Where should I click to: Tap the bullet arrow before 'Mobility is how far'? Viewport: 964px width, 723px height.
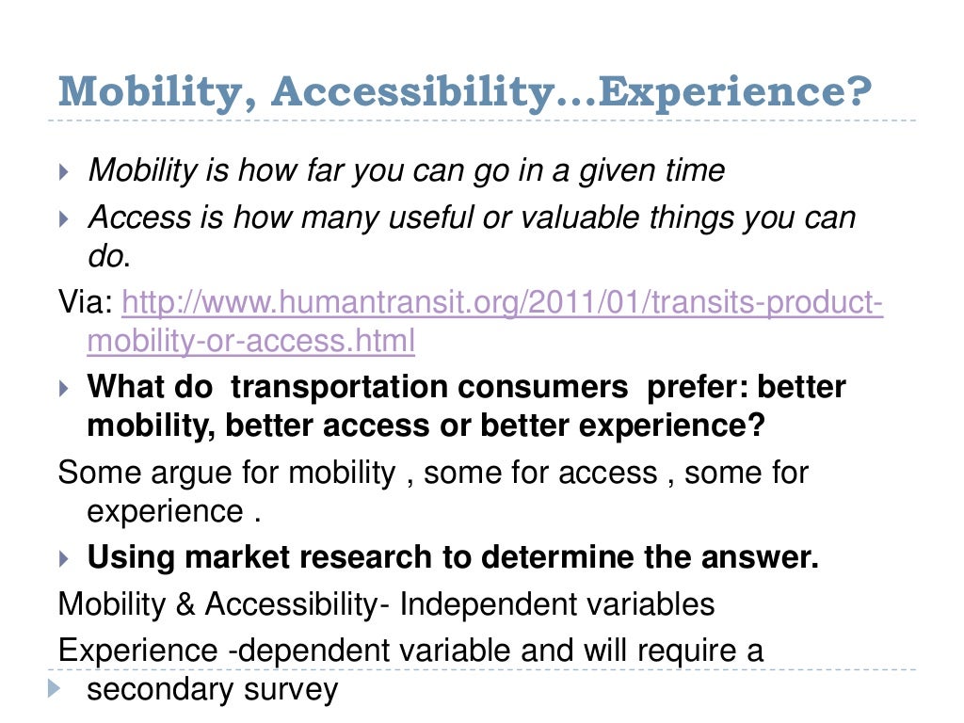pyautogui.click(x=64, y=172)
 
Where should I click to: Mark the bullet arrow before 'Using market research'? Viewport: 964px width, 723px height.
pyautogui.click(x=64, y=558)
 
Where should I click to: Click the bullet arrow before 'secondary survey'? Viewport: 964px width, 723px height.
pyautogui.click(x=51, y=690)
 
